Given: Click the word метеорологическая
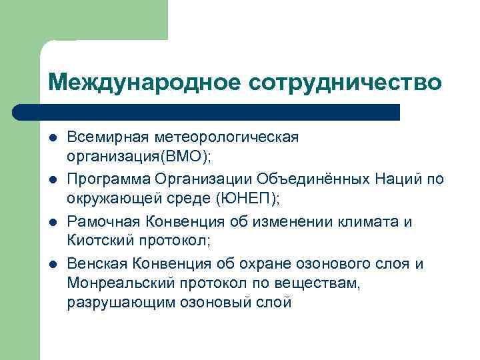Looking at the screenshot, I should tap(227, 137).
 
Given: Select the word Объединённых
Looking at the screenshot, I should tap(314, 179).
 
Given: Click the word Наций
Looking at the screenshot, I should tap(397, 179).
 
